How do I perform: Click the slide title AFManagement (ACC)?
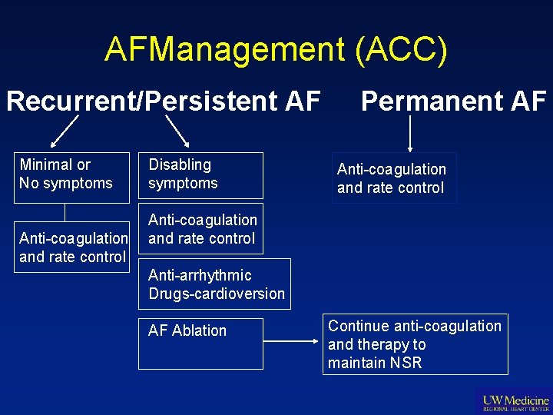click(276, 50)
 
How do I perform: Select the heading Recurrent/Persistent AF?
click(163, 101)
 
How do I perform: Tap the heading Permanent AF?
click(453, 101)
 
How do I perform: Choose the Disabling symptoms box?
click(200, 175)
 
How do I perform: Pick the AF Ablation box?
click(200, 343)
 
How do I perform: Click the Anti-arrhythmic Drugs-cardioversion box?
click(215, 284)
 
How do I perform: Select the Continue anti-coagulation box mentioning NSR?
click(415, 344)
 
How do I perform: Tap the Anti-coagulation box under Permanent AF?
click(393, 178)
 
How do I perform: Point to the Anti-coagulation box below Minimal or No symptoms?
click(73, 247)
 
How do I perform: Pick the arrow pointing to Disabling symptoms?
click(177, 131)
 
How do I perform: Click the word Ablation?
click(199, 331)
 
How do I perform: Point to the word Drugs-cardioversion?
click(217, 294)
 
